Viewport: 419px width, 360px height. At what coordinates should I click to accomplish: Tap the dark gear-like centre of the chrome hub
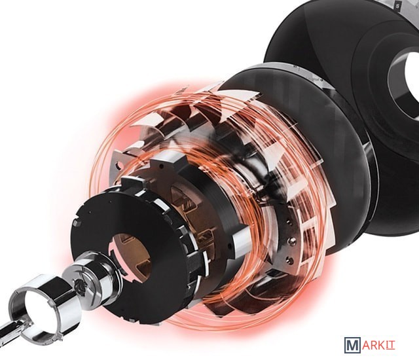[81, 287]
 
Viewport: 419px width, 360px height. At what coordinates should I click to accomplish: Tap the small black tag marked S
[399, 5]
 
